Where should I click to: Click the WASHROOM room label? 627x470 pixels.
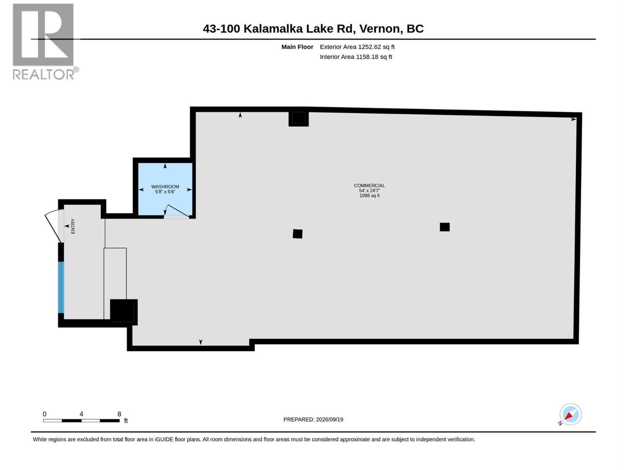(165, 187)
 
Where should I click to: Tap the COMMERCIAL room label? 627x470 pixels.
(370, 186)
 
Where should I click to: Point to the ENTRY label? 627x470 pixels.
(73, 226)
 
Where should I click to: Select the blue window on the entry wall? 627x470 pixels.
(61, 287)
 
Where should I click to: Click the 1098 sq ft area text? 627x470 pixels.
(370, 196)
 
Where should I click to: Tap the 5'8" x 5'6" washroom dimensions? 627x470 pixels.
(165, 192)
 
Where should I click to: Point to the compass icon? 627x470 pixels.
(570, 414)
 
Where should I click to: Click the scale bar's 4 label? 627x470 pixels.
(82, 414)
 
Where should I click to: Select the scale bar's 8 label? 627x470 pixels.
(119, 414)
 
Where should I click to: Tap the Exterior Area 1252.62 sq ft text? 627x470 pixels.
(357, 47)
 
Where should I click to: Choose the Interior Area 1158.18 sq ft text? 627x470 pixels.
(356, 57)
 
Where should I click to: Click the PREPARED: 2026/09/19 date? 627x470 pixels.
(313, 419)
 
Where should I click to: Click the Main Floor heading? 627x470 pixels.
(297, 47)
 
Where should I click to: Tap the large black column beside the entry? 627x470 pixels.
(124, 312)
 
